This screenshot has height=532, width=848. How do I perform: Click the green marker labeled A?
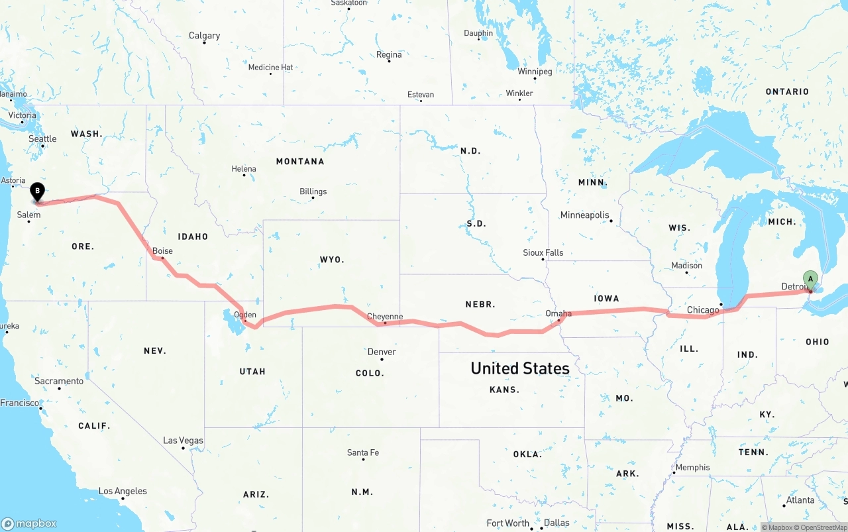click(x=810, y=279)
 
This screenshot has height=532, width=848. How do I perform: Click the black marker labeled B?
click(x=38, y=191)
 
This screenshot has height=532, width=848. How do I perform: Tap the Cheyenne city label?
click(x=385, y=317)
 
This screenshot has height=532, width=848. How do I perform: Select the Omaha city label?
click(x=558, y=313)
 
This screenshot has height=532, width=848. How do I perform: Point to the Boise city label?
click(x=162, y=251)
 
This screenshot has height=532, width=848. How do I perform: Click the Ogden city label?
click(x=245, y=315)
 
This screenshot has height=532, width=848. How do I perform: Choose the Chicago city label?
click(x=703, y=310)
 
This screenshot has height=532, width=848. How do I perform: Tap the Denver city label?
click(x=382, y=352)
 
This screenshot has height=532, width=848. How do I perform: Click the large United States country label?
click(x=520, y=368)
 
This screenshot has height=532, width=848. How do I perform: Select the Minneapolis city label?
click(x=584, y=215)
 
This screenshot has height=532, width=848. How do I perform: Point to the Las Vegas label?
click(x=184, y=441)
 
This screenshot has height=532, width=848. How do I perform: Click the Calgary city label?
click(x=204, y=36)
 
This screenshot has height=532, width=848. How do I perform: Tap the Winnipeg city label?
click(x=535, y=72)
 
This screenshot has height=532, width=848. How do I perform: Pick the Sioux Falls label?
click(x=543, y=252)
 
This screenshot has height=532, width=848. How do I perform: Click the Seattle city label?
click(x=42, y=139)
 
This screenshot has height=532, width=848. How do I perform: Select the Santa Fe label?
click(x=363, y=453)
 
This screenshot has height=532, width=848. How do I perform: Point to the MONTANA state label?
click(x=300, y=162)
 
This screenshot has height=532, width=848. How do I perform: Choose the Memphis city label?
click(x=692, y=468)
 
